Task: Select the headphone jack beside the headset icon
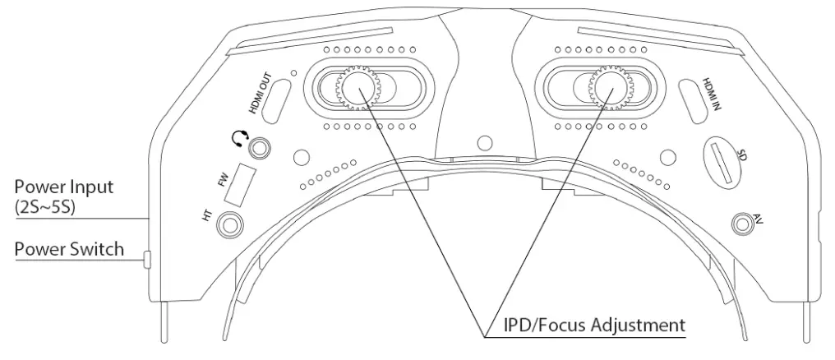261,149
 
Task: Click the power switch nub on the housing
145,260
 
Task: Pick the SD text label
741,154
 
